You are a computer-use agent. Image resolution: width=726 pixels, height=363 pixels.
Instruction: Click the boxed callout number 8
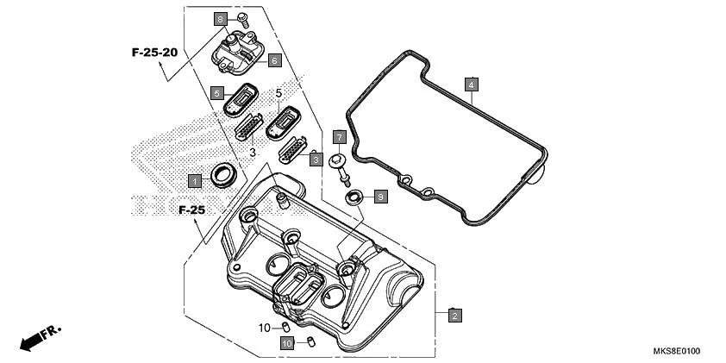click(x=220, y=19)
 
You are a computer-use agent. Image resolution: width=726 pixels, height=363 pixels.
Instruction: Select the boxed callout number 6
click(x=273, y=60)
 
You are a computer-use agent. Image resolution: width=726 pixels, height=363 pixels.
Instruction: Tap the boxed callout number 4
click(x=471, y=84)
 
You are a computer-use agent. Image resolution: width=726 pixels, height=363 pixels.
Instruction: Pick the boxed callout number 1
click(x=196, y=180)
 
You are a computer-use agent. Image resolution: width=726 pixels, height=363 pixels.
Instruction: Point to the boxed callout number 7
click(x=340, y=137)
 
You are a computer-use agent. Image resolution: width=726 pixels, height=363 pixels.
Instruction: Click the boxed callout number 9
click(x=380, y=197)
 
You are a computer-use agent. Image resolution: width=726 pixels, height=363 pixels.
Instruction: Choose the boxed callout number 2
click(x=454, y=316)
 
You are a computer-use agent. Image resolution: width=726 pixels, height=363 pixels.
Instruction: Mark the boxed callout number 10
click(x=286, y=343)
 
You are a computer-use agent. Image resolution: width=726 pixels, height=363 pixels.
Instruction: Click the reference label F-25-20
click(x=154, y=53)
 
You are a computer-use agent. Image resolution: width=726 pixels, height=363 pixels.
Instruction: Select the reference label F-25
click(x=191, y=210)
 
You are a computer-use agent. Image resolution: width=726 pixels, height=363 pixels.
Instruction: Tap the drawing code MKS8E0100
click(x=676, y=351)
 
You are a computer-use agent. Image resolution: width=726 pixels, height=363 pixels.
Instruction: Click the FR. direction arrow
click(x=40, y=338)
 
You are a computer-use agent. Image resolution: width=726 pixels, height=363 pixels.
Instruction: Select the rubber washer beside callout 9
click(x=354, y=198)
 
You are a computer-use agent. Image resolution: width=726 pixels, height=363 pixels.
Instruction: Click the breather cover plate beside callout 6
click(x=237, y=49)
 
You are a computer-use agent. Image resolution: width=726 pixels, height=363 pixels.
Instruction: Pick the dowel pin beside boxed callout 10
click(x=311, y=342)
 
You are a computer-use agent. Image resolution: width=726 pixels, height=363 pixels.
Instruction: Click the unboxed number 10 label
click(x=264, y=328)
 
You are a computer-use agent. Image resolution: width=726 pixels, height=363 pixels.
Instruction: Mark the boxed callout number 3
click(x=316, y=160)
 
